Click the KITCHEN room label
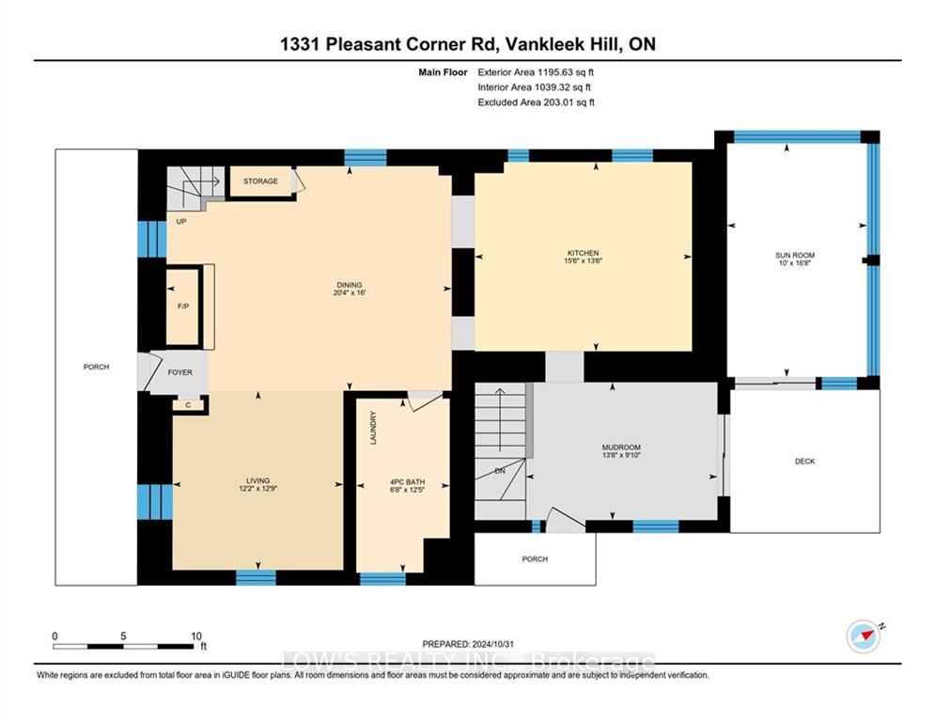(x=583, y=253)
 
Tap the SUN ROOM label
(x=795, y=256)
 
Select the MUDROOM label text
(x=621, y=447)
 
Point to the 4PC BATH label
(x=407, y=482)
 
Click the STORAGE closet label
(x=260, y=180)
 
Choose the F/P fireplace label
(x=183, y=306)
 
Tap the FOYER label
(x=179, y=372)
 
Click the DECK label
(x=804, y=462)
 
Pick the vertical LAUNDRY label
(x=374, y=427)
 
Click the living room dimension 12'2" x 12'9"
(x=257, y=489)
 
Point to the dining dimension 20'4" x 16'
(x=350, y=293)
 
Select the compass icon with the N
(x=864, y=636)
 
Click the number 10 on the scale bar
(x=196, y=636)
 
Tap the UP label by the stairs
(x=181, y=221)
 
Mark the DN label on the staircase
(x=500, y=471)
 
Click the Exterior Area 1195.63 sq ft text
(x=536, y=72)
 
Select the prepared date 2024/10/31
(x=492, y=644)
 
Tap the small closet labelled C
(x=188, y=405)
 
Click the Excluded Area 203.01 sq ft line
(x=536, y=102)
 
